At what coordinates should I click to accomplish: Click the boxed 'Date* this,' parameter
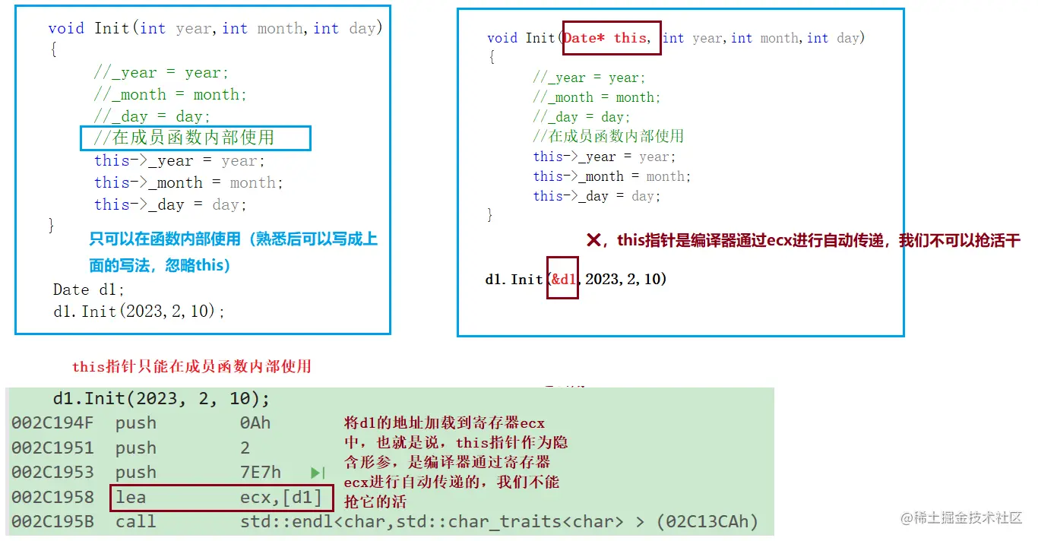[x=612, y=38]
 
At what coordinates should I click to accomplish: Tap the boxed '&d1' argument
[x=563, y=279]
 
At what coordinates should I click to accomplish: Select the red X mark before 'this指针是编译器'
[x=594, y=240]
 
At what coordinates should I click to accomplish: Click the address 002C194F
[x=52, y=423]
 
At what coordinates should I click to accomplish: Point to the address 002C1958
[x=52, y=497]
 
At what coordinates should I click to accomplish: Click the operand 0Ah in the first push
[x=255, y=423]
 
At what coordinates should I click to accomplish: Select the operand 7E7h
[x=260, y=473]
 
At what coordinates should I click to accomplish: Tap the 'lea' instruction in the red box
[x=130, y=497]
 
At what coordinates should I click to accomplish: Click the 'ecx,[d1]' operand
[x=280, y=497]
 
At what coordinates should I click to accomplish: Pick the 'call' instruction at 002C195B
[x=135, y=522]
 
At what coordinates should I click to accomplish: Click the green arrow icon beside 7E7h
[x=318, y=473]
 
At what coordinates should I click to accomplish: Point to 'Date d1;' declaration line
[x=89, y=289]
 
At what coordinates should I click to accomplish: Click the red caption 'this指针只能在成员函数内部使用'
[x=191, y=366]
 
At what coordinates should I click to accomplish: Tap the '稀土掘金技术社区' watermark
[x=962, y=517]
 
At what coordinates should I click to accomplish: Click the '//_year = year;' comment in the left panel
[x=161, y=73]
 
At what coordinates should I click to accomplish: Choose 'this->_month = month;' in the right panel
[x=612, y=176]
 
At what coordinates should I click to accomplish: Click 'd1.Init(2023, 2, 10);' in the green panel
[x=161, y=399]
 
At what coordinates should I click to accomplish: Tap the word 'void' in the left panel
[x=66, y=28]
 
